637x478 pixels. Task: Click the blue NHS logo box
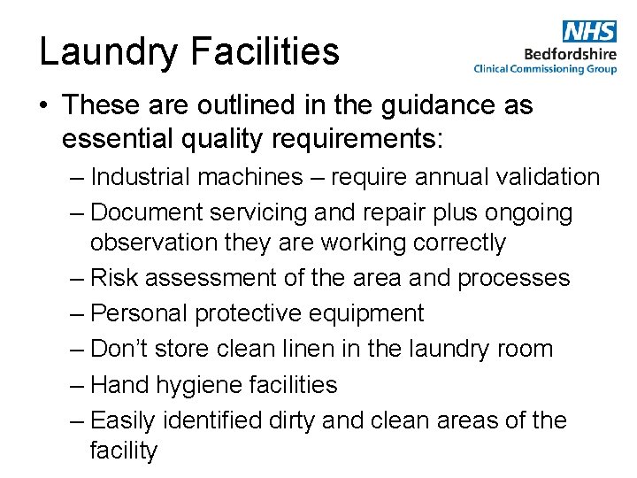pos(588,32)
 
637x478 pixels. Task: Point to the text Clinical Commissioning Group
pos(545,68)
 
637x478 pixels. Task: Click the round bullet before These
pos(44,106)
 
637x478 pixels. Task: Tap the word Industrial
pos(140,177)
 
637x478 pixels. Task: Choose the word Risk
pos(115,278)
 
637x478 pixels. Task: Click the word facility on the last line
pos(124,450)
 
